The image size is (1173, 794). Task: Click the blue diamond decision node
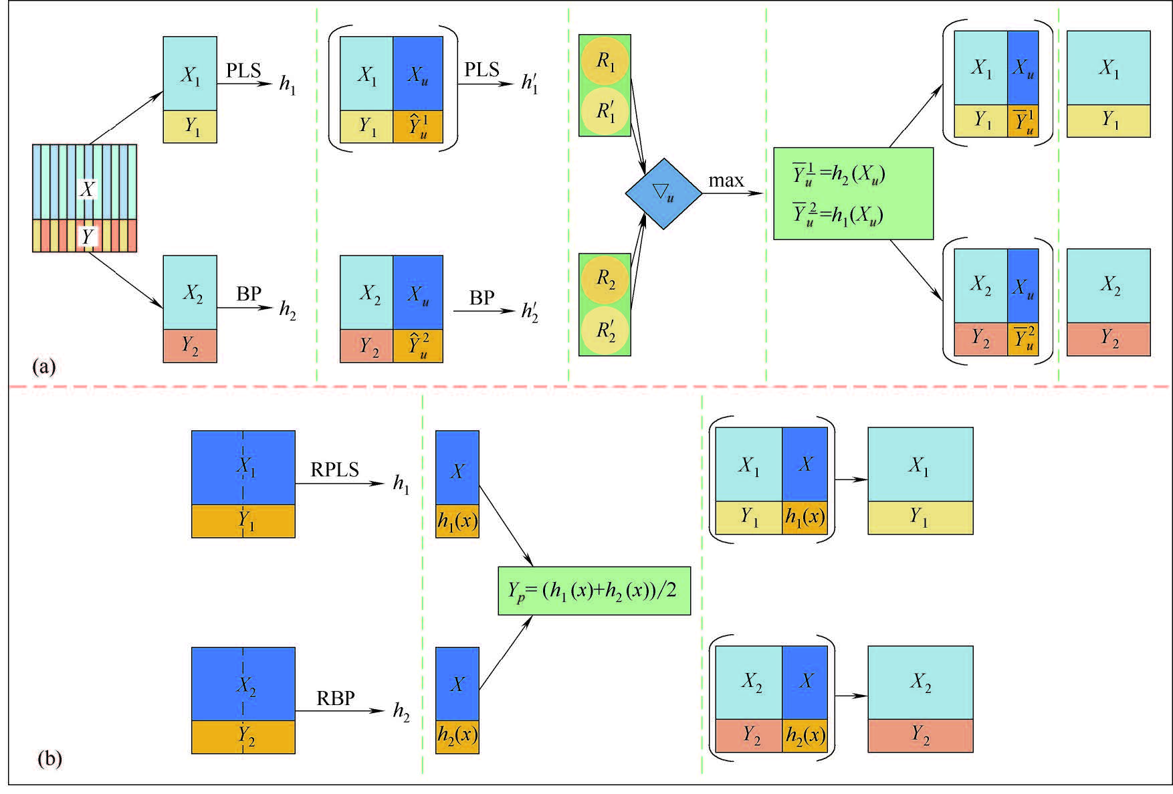point(663,194)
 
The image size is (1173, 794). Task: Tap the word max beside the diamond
point(726,181)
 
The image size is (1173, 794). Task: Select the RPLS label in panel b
point(334,470)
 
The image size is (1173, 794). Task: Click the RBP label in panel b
point(335,698)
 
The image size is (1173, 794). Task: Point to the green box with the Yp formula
point(594,591)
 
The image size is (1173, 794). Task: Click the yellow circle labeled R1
point(605,62)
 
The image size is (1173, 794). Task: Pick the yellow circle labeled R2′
point(605,330)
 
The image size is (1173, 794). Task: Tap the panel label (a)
point(44,367)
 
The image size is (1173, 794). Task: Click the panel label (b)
point(50,759)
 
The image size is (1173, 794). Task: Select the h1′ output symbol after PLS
point(530,83)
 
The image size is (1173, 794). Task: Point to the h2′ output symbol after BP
point(530,311)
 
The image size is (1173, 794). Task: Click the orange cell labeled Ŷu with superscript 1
point(418,126)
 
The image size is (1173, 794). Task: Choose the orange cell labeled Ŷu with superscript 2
point(418,346)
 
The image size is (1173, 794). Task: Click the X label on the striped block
point(87,189)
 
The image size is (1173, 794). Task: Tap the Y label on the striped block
point(87,236)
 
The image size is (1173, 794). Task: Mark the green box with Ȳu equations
point(853,194)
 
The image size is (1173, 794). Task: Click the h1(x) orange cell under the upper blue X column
point(457,521)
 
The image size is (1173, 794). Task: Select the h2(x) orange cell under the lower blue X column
point(457,736)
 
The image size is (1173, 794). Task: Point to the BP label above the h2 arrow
point(249,294)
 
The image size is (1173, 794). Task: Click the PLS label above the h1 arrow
point(243,70)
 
